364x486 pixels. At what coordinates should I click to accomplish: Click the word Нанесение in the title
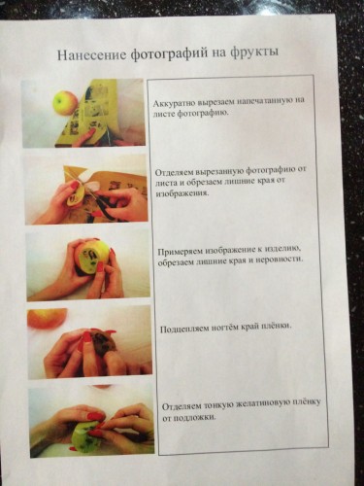click(x=91, y=54)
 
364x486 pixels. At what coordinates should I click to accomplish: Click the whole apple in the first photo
click(x=65, y=102)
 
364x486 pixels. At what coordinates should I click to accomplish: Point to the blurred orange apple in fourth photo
click(x=47, y=318)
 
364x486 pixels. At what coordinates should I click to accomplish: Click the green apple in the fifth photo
click(x=86, y=435)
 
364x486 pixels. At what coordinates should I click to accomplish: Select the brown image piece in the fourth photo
click(x=104, y=345)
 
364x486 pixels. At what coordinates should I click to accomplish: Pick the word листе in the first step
click(x=163, y=114)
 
